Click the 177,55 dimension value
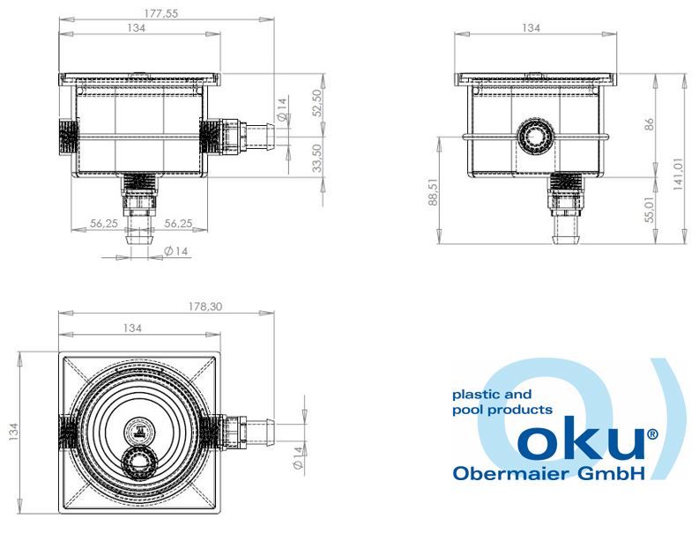[161, 13]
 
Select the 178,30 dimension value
[205, 307]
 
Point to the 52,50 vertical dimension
[316, 102]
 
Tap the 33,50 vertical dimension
[316, 158]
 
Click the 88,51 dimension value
[434, 193]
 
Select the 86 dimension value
[649, 124]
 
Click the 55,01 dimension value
[649, 210]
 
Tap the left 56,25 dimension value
[104, 223]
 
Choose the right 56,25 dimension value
[178, 223]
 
